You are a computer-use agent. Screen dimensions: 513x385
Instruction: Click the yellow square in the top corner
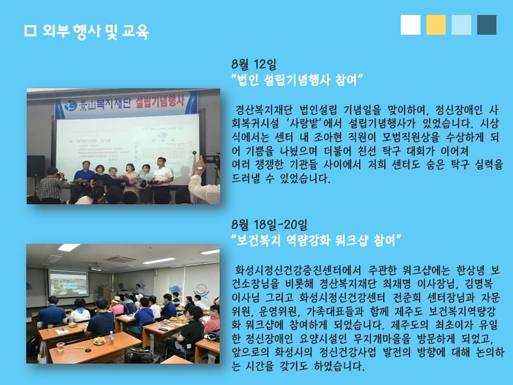[x=436, y=25]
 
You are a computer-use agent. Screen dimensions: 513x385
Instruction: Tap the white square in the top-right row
[x=410, y=25]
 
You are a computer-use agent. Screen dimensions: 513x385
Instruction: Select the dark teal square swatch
[x=487, y=25]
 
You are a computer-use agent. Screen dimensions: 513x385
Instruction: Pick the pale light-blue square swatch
[x=461, y=25]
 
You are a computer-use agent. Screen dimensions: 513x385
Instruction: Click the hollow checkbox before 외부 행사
[x=30, y=31]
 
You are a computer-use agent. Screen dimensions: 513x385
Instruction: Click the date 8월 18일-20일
[x=269, y=225]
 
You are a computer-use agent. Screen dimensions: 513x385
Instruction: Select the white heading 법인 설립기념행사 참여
[x=297, y=80]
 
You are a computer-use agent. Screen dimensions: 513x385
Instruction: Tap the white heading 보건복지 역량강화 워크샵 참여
[x=316, y=241]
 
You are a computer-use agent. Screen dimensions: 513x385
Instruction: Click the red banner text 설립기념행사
[x=160, y=101]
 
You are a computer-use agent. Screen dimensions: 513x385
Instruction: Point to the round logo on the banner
[x=70, y=106]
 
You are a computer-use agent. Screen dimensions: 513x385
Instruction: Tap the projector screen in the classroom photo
[x=68, y=283]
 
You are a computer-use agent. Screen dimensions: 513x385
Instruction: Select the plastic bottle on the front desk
[x=111, y=338]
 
